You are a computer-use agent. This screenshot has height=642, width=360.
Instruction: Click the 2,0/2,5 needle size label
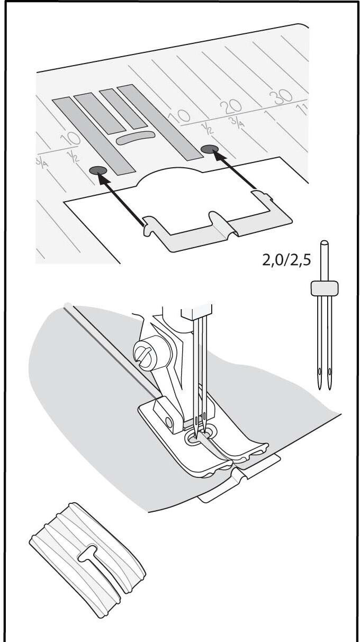286,260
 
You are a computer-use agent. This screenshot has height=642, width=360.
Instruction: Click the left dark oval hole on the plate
98,170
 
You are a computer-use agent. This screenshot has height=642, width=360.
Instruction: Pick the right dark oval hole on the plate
210,149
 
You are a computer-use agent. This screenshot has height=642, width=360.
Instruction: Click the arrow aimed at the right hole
235,170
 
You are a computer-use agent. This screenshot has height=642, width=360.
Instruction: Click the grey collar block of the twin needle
325,288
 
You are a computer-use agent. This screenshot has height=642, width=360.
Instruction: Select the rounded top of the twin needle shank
324,244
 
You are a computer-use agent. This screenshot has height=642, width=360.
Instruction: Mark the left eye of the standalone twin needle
320,372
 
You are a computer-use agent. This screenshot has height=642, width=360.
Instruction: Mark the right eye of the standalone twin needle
330,372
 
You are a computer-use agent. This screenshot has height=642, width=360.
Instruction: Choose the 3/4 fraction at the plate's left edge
42,162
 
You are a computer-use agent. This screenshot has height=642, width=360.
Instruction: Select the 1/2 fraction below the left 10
73,157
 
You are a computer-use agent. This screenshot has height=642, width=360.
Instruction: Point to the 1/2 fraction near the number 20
209,128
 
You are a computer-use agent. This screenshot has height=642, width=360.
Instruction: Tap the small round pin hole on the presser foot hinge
169,423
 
